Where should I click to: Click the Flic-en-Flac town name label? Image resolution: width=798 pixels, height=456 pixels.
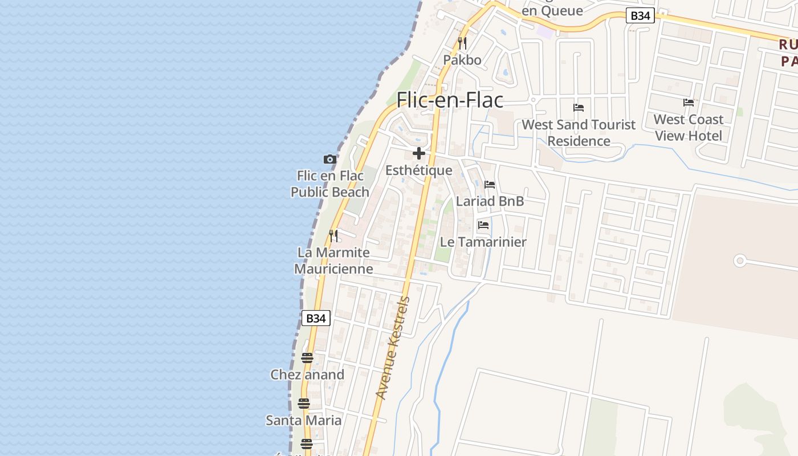click(x=450, y=100)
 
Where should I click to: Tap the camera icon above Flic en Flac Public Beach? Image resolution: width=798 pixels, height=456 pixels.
click(x=330, y=160)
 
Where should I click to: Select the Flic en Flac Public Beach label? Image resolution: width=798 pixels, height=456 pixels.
click(x=330, y=184)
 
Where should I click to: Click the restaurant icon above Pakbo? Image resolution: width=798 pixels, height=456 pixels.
click(x=462, y=43)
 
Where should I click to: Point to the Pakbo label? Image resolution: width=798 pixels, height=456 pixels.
click(x=462, y=60)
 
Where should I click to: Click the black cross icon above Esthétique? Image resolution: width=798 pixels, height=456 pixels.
click(x=419, y=153)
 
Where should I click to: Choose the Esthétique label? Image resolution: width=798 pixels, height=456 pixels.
click(x=419, y=170)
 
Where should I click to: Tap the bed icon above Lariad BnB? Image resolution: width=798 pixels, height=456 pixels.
click(x=490, y=185)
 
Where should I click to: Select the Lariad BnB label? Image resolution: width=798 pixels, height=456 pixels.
click(x=490, y=201)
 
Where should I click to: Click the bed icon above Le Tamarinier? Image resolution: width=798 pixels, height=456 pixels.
click(x=483, y=225)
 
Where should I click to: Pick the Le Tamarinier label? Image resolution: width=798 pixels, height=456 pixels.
click(x=483, y=242)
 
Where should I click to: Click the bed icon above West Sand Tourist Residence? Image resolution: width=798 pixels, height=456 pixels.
click(x=579, y=108)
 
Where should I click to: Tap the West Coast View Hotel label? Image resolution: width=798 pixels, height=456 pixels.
click(x=688, y=128)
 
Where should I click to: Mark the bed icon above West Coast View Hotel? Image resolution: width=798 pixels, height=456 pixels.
click(x=689, y=103)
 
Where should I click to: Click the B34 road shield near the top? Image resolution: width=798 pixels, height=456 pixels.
click(x=640, y=16)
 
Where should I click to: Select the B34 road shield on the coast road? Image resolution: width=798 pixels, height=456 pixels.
click(x=316, y=318)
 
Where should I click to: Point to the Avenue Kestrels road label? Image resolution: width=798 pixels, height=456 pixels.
click(x=393, y=348)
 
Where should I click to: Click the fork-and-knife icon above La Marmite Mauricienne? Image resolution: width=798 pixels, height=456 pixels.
click(x=333, y=235)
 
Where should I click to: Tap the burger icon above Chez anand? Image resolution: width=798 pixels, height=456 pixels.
click(x=307, y=358)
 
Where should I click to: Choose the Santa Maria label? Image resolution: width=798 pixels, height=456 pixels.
click(x=304, y=421)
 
